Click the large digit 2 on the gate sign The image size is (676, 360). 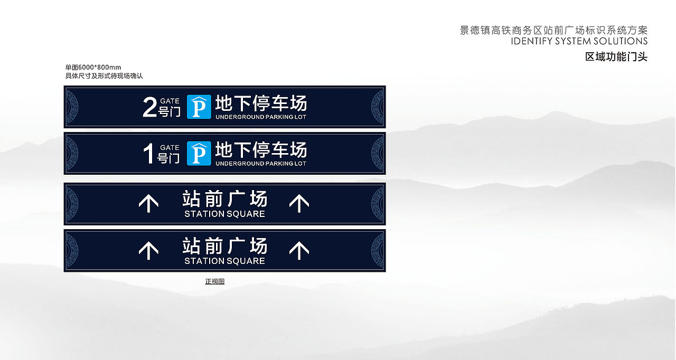149,107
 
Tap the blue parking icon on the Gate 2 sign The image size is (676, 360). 199,107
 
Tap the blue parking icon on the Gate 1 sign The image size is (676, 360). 199,153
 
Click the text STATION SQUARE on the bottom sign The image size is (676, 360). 224,261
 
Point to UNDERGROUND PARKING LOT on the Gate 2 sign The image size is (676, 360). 261,117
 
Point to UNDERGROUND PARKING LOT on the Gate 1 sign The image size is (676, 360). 261,164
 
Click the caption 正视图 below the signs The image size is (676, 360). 215,281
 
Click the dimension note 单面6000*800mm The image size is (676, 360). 93,68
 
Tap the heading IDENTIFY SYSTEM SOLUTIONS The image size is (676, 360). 579,41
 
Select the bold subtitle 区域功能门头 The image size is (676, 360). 616,57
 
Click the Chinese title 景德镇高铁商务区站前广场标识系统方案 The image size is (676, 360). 553,30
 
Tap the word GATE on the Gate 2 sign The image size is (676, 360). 170,101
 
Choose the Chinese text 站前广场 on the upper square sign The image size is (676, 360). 225,199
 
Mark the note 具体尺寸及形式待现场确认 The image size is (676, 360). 104,76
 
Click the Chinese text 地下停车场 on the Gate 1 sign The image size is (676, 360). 261,150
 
